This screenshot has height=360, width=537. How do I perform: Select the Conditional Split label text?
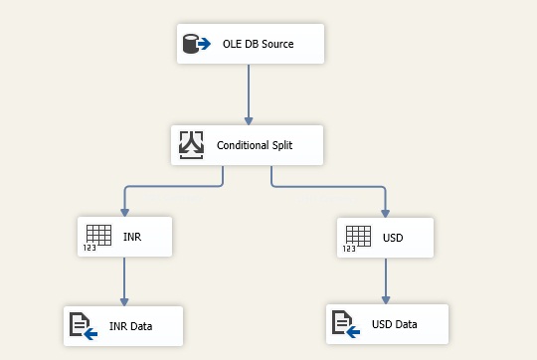pos(255,146)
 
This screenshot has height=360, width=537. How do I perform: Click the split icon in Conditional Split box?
pos(191,145)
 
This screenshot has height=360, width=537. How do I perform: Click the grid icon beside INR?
pos(97,236)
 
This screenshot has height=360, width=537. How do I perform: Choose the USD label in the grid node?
pos(393,238)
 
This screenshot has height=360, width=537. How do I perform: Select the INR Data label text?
pos(131,325)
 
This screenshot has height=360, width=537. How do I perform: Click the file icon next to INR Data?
pos(82,325)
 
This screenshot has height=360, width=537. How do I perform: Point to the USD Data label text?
pos(395,324)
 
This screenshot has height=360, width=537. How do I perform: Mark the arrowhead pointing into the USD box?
pos(386,211)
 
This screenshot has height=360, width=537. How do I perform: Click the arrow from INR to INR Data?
pos(123,280)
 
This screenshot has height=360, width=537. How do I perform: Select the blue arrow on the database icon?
pos(203,45)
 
